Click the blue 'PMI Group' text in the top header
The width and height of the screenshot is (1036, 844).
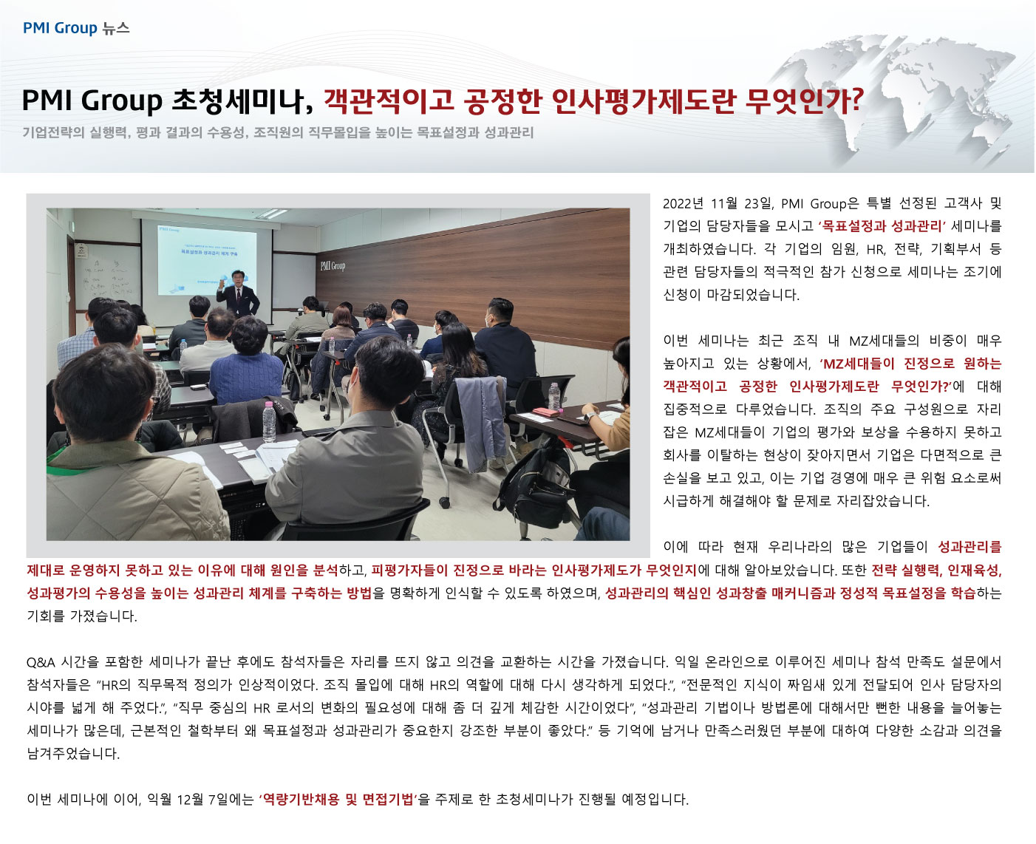coord(60,28)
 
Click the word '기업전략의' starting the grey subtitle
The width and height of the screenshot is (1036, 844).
coord(53,132)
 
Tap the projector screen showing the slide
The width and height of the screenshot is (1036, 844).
coord(207,259)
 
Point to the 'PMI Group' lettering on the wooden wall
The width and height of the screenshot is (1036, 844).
coord(333,265)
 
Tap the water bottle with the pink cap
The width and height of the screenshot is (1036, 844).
coord(268,422)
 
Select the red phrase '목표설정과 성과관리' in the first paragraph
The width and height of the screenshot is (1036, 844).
coord(882,226)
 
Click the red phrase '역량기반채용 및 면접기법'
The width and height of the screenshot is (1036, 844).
coord(338,799)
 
